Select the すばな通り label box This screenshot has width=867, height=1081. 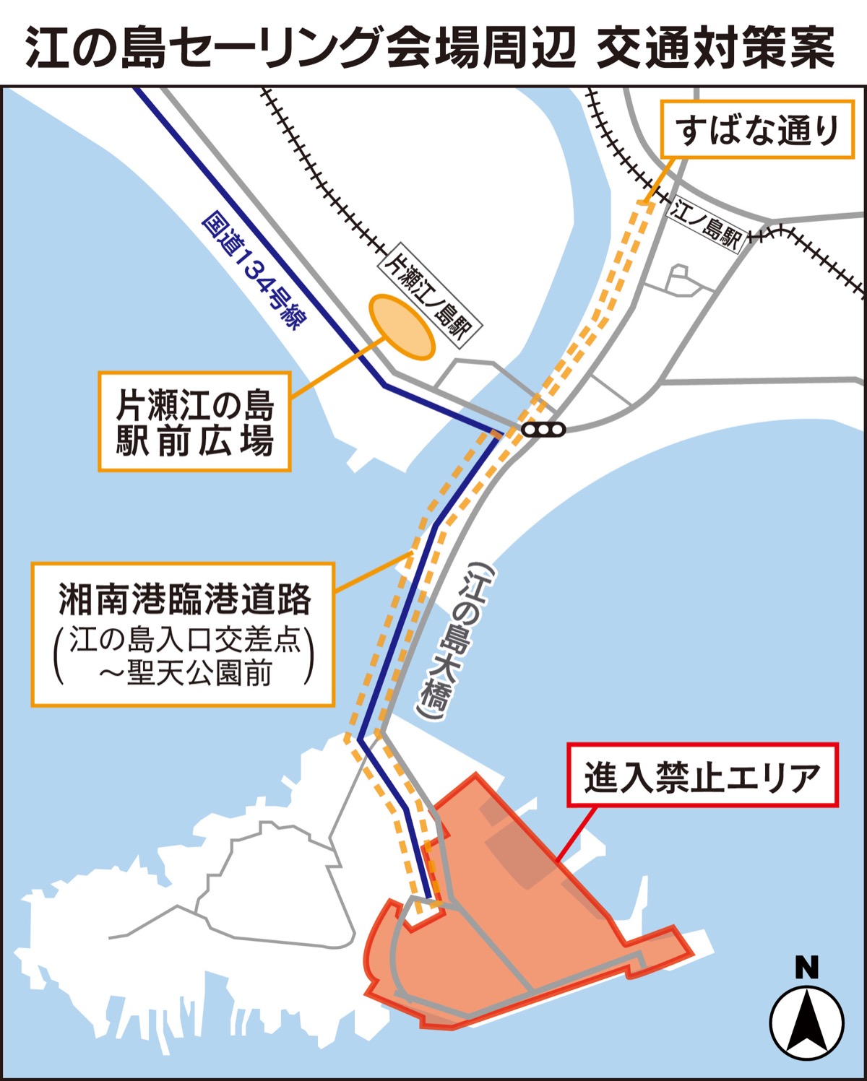coord(758,131)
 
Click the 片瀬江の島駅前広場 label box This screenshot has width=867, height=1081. coord(194,422)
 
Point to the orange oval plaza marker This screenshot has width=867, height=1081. coord(402,326)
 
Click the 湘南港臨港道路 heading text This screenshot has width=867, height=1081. coord(184,599)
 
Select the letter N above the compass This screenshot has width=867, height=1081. coord(806,968)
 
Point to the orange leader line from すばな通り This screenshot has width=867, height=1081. coord(660,179)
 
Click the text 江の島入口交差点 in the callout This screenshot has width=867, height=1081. coord(185,639)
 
